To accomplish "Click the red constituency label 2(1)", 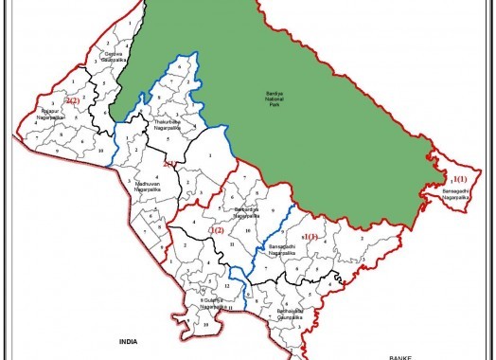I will [x=168, y=164].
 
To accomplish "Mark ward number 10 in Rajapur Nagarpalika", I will [x=100, y=150].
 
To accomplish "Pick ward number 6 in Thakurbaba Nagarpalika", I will [x=162, y=98].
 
